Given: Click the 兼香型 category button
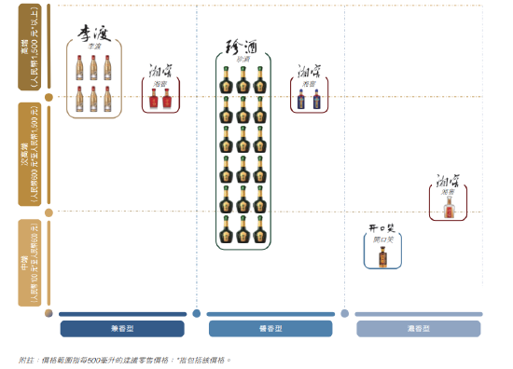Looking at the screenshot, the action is click(122, 329).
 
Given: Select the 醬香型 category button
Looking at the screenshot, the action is click(270, 329).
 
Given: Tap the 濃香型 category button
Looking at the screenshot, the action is click(418, 329).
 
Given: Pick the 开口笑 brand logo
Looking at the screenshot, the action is click(382, 228).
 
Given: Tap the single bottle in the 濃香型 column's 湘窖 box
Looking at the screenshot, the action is click(449, 207).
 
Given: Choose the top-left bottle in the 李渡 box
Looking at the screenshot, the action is click(80, 67).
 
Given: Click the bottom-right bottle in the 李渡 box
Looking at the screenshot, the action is click(107, 98).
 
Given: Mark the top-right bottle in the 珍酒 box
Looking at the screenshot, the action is click(259, 79).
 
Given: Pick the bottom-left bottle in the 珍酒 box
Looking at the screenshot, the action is click(226, 229).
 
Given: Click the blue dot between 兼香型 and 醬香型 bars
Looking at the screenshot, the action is click(196, 314).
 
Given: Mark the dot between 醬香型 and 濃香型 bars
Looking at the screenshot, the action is click(344, 314).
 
